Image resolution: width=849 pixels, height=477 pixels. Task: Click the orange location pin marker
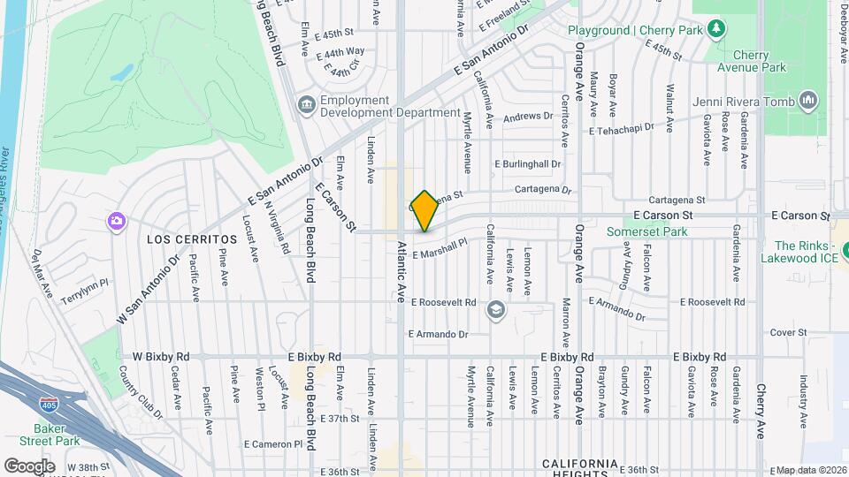point(424,210)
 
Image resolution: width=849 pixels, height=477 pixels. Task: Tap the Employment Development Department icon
point(306,105)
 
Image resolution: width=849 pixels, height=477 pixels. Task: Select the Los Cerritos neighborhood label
point(192,239)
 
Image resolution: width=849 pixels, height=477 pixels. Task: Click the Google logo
point(29,466)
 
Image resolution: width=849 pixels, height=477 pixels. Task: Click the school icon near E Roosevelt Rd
point(496,308)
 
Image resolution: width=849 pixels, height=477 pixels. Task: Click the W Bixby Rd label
point(161,357)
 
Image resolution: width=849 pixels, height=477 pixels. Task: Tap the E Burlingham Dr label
point(528,164)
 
